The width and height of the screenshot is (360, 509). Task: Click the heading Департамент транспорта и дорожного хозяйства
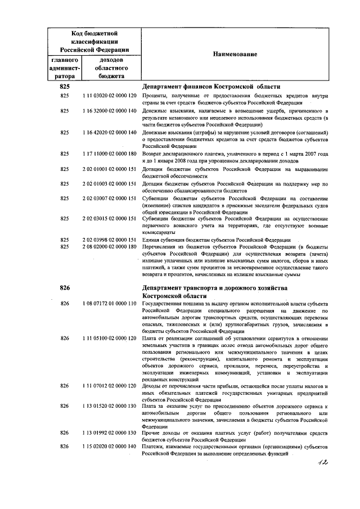[215, 287]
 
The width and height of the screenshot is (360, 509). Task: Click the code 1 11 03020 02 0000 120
[110, 96]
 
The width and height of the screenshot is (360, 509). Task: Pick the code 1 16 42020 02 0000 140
[110, 132]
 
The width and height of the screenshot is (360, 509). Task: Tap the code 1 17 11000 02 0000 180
[110, 154]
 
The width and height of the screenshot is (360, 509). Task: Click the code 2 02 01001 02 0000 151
[110, 168]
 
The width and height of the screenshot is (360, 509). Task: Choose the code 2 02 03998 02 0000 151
[110, 240]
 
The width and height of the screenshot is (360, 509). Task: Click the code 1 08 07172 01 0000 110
[110, 304]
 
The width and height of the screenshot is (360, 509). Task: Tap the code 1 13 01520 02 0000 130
[110, 406]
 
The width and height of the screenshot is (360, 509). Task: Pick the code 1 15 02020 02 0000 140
[110, 446]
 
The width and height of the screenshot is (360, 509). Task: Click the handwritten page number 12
[321, 462]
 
